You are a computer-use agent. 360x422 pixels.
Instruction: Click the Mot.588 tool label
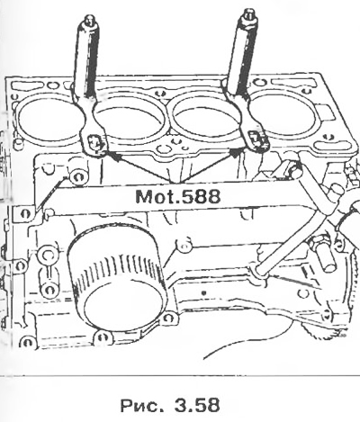coord(178,197)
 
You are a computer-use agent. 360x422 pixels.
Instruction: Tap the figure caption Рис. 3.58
coord(170,405)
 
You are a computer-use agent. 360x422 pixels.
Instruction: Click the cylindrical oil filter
coord(117,277)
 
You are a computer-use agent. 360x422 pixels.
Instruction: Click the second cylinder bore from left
coord(130,120)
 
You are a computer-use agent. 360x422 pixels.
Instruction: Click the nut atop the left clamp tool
coord(89,20)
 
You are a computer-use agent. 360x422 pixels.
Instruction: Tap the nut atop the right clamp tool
coord(248,15)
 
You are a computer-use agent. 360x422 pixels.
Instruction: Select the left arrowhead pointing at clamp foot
coord(112,156)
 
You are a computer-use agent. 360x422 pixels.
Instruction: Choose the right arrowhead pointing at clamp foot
coord(236,152)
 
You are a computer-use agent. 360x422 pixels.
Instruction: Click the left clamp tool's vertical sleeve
coord(86,61)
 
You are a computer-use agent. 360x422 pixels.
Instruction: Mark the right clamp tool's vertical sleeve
coord(242,57)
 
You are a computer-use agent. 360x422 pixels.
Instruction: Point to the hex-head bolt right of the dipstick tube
coord(321,254)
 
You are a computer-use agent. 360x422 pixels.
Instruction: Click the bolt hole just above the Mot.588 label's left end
coord(78,176)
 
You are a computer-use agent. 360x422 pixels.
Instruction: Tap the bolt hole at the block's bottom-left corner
coord(28,342)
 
